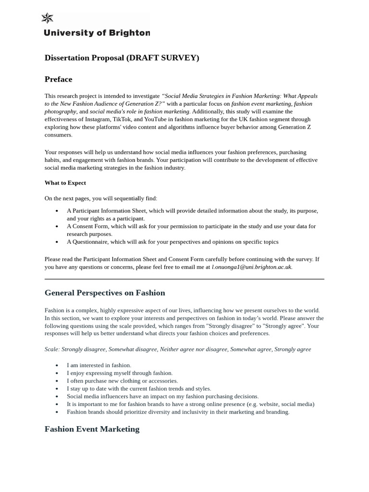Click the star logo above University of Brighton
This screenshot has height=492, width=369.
pos(47,18)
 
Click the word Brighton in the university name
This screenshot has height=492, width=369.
pos(130,33)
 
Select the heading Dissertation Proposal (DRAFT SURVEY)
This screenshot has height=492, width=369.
pos(122,58)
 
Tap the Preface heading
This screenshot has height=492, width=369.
pos(58,79)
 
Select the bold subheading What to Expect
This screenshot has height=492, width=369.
pos(65,183)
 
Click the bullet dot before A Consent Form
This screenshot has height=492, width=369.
pos(57,226)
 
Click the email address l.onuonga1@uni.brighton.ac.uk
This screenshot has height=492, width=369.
pos(251,267)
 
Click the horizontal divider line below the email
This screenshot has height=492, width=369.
pos(184,279)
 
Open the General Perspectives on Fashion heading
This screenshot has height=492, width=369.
pos(105,293)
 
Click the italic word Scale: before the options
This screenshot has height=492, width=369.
pos(52,349)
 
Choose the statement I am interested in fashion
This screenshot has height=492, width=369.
pos(99,365)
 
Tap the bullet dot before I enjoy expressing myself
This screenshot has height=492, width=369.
pos(57,373)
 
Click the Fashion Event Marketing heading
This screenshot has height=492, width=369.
pos(92,429)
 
